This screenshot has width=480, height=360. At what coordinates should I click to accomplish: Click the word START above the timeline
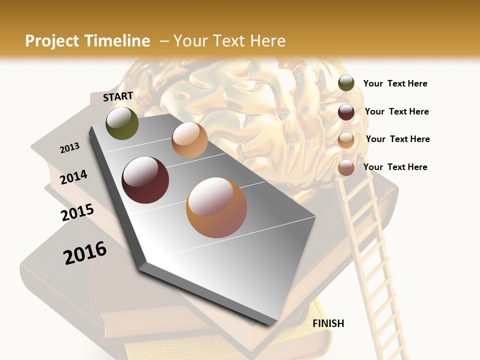[x=118, y=96]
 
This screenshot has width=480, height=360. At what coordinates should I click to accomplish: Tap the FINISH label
[x=328, y=323]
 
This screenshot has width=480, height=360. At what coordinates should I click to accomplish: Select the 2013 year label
[x=70, y=147]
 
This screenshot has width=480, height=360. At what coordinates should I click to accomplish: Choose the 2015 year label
[x=77, y=212]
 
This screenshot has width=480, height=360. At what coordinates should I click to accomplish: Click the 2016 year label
[x=85, y=252]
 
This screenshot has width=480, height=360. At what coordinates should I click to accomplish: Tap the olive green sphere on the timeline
[x=122, y=123]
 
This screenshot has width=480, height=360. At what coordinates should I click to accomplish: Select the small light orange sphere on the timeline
[x=189, y=140]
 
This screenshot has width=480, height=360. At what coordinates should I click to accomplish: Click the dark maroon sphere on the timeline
[x=145, y=180]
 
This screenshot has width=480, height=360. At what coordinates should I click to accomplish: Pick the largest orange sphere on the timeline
[x=216, y=207]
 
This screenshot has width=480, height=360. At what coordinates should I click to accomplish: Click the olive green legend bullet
[x=346, y=83]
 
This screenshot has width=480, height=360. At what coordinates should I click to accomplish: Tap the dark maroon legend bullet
[x=346, y=112]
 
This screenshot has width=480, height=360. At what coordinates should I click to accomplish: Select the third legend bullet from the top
[x=346, y=140]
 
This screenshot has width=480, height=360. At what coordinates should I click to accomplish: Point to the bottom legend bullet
[x=346, y=167]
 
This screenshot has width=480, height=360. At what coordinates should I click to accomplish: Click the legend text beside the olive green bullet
[x=395, y=83]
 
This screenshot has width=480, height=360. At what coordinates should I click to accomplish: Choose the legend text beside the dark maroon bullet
[x=396, y=111]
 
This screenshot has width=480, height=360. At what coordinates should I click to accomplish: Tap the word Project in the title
[x=52, y=41]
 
